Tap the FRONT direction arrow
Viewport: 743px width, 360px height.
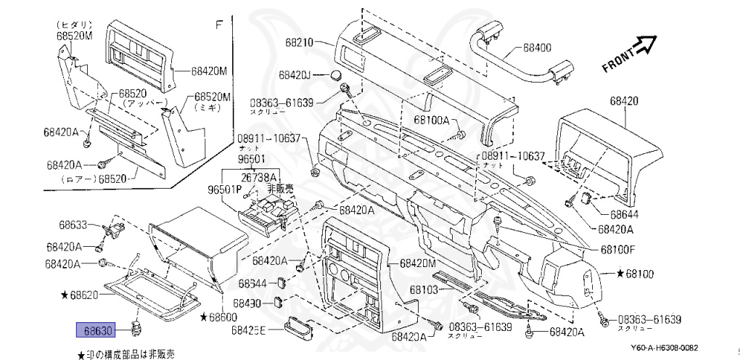click(x=629, y=56)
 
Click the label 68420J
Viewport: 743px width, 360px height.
click(x=294, y=75)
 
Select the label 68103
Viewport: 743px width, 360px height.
click(x=425, y=290)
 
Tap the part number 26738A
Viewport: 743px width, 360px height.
click(x=259, y=177)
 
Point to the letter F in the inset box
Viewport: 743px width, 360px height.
click(x=217, y=25)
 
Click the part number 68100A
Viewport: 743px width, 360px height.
click(x=432, y=120)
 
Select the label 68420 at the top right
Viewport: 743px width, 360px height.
click(x=624, y=102)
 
